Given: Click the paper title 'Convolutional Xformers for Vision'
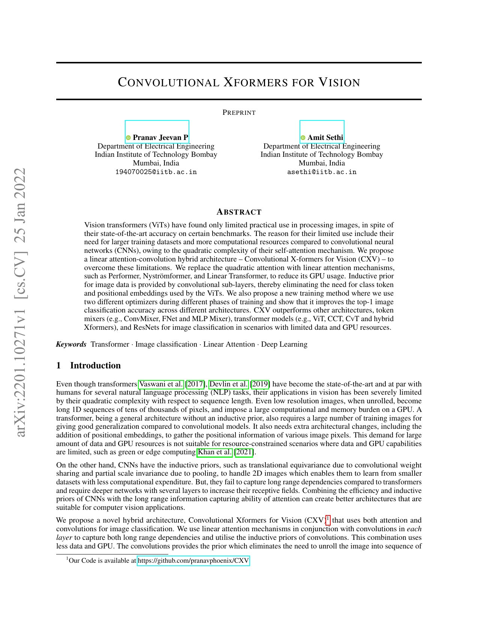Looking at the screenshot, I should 239,83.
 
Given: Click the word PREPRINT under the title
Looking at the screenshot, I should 239,113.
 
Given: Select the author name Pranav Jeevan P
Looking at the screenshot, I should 160,138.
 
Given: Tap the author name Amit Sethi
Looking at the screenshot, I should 325,138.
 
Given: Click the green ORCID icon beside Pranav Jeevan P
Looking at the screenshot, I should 128,138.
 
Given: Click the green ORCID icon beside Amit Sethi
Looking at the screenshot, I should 303,138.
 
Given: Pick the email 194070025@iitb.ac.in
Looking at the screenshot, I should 156,172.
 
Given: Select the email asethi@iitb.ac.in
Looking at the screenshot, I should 322,172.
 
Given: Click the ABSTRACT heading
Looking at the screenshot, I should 239,212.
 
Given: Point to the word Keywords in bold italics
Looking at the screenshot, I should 71,344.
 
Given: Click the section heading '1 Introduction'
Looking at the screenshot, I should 88,365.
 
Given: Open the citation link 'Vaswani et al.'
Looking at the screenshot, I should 161,384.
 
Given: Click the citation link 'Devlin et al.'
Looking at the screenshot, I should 229,384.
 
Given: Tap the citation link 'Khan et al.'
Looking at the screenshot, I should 215,452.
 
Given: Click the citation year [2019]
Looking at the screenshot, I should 260,384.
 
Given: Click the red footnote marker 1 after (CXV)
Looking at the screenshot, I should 328,519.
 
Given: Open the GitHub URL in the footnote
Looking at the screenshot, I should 193,561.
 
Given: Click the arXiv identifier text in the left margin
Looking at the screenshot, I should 21,302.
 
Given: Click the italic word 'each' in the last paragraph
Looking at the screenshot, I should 414,529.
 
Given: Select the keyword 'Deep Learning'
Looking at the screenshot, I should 284,344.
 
